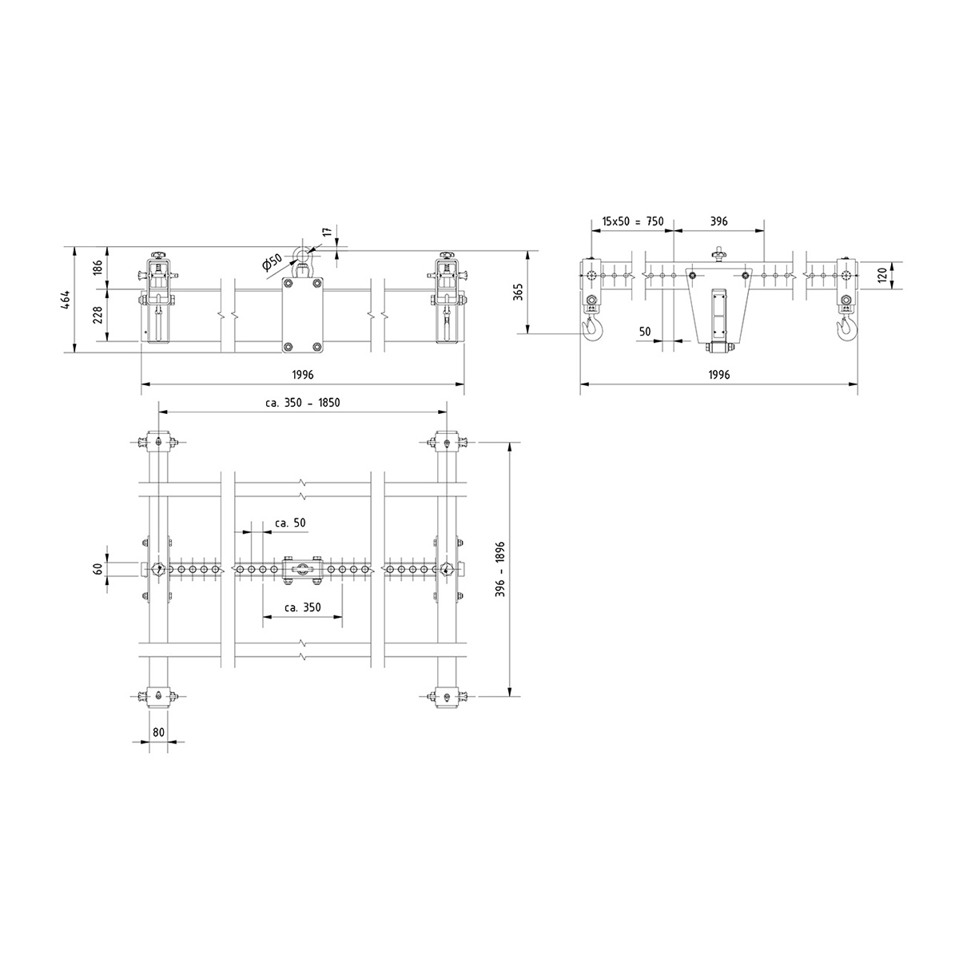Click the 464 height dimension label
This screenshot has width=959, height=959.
66,300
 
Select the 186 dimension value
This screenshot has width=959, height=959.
98,267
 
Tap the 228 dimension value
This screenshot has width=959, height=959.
98,315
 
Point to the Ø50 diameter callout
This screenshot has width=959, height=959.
272,262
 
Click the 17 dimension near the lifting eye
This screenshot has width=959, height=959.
327,232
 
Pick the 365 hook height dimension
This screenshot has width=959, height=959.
518,292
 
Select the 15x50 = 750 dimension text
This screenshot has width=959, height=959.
632,221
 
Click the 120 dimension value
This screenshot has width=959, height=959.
882,275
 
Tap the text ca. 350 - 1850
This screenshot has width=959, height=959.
303,402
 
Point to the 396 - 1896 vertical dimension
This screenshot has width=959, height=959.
500,569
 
